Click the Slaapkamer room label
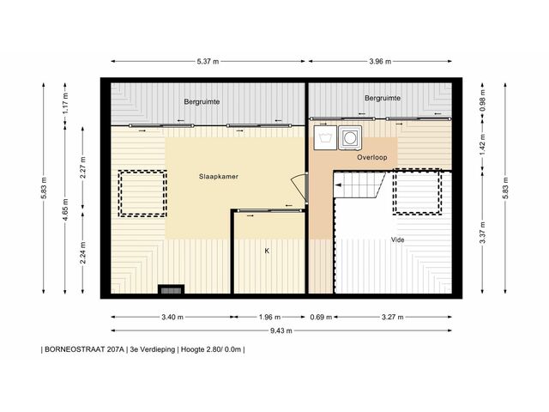(219, 177)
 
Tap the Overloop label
(371, 157)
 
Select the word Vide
(398, 240)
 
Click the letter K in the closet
(267, 251)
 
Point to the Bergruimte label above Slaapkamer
(202, 101)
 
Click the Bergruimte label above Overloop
(383, 98)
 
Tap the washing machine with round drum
(350, 137)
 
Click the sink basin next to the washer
(325, 137)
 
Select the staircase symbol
(359, 185)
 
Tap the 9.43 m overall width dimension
(281, 330)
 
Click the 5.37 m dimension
(208, 61)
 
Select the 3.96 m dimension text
(380, 61)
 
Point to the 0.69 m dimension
(321, 317)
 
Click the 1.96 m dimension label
(269, 317)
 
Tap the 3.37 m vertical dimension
(483, 233)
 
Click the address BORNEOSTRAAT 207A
(84, 349)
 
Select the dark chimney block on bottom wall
(171, 289)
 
